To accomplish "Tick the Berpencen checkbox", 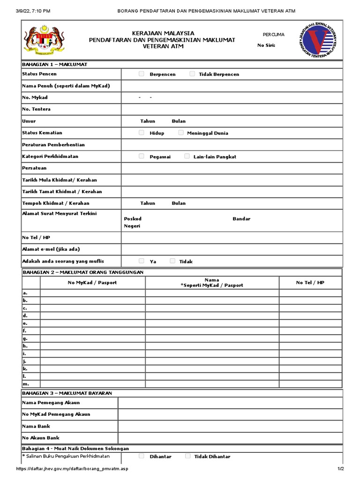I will tap(142, 74).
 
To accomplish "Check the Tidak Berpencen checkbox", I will tap(192, 74).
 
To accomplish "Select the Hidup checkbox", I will tap(142, 133).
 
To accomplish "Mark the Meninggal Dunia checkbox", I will tap(181, 133).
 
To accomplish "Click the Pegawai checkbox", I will tap(142, 156).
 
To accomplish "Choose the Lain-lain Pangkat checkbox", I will tap(187, 156).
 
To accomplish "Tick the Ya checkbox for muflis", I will tap(142, 261).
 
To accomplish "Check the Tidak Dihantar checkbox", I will tap(187, 456).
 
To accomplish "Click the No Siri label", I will tap(267, 45).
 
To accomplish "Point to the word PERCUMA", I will tap(273, 35).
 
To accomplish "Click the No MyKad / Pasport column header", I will tap(92, 283).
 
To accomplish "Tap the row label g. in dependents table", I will tap(25, 338).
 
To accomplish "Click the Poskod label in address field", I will tap(133, 219).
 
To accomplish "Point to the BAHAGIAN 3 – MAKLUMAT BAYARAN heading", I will tap(67, 393).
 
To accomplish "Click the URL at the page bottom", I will tap(72, 469).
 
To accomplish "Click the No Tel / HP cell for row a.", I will tap(310, 293).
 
